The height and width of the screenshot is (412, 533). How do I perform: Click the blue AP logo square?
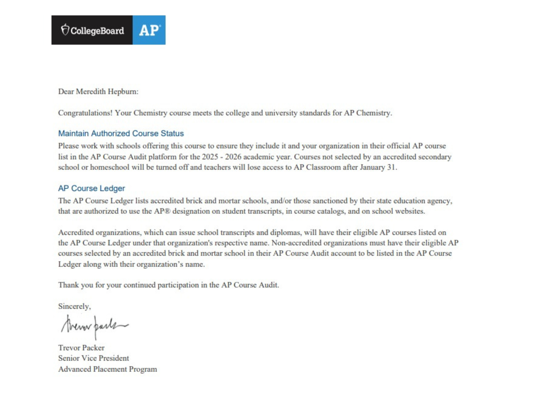(x=149, y=30)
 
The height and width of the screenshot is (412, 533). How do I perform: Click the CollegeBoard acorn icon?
(x=65, y=30)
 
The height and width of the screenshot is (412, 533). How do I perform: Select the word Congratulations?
(x=85, y=113)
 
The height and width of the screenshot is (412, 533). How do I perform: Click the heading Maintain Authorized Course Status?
(x=121, y=133)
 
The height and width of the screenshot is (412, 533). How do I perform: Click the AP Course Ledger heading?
(x=91, y=188)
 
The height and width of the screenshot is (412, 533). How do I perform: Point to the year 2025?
(x=210, y=157)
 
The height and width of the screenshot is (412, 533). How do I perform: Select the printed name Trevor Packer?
(x=81, y=348)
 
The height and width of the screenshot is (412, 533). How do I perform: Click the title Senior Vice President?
(x=94, y=358)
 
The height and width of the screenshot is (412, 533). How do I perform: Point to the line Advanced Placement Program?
(x=107, y=369)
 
